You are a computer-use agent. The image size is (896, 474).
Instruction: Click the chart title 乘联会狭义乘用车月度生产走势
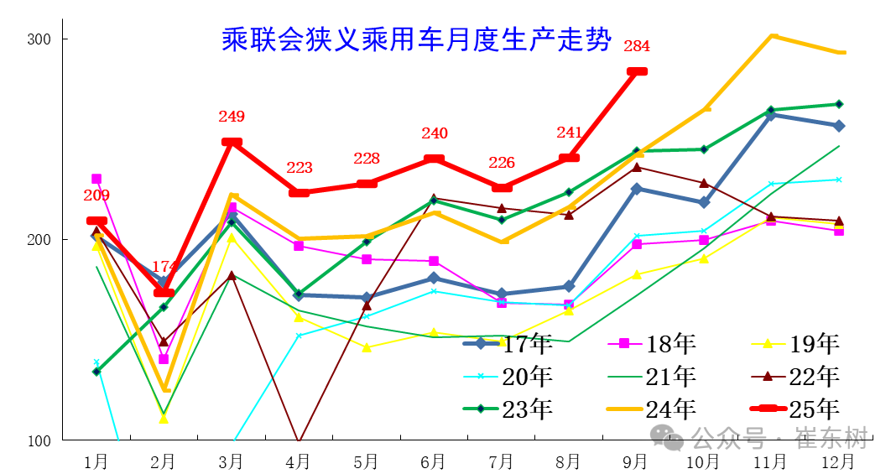pyautogui.click(x=416, y=40)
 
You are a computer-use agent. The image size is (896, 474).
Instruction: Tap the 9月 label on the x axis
pyautogui.click(x=635, y=461)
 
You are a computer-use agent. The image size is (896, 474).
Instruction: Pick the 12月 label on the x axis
pyautogui.click(x=838, y=461)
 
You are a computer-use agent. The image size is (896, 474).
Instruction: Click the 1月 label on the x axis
pyautogui.click(x=96, y=461)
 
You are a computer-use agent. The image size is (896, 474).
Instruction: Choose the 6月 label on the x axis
pyautogui.click(x=433, y=461)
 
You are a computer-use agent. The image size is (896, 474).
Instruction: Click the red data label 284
pyautogui.click(x=637, y=46)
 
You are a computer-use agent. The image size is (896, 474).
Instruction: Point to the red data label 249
pyautogui.click(x=232, y=117)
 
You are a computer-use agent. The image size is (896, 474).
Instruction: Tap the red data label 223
pyautogui.click(x=300, y=168)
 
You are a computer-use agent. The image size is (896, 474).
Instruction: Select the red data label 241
pyautogui.click(x=569, y=133)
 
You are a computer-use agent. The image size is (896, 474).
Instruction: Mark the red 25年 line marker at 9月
pyautogui.click(x=637, y=72)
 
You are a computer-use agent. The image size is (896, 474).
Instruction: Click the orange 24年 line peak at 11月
pyautogui.click(x=773, y=36)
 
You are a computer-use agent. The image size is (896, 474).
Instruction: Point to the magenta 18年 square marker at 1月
pyautogui.click(x=96, y=179)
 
